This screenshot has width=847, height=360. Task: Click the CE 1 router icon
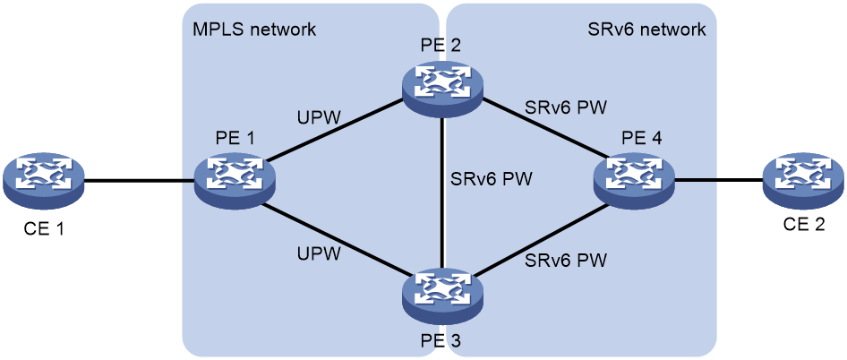pos(43,182)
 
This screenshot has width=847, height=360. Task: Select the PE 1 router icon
pos(235,182)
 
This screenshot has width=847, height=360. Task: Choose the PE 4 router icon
pos(634,182)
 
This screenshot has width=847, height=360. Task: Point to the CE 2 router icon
pos(804,182)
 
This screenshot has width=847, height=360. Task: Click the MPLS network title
pos(254,30)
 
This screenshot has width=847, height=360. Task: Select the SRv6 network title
pos(646,30)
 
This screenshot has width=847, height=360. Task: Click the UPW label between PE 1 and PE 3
pos(319,253)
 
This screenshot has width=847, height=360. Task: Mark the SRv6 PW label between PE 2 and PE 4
pos(565,108)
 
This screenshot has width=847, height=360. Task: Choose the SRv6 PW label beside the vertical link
pos(492,178)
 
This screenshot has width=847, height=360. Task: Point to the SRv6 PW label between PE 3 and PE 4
pos(565,260)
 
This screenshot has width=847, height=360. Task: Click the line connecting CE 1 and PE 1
pos(140,182)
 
